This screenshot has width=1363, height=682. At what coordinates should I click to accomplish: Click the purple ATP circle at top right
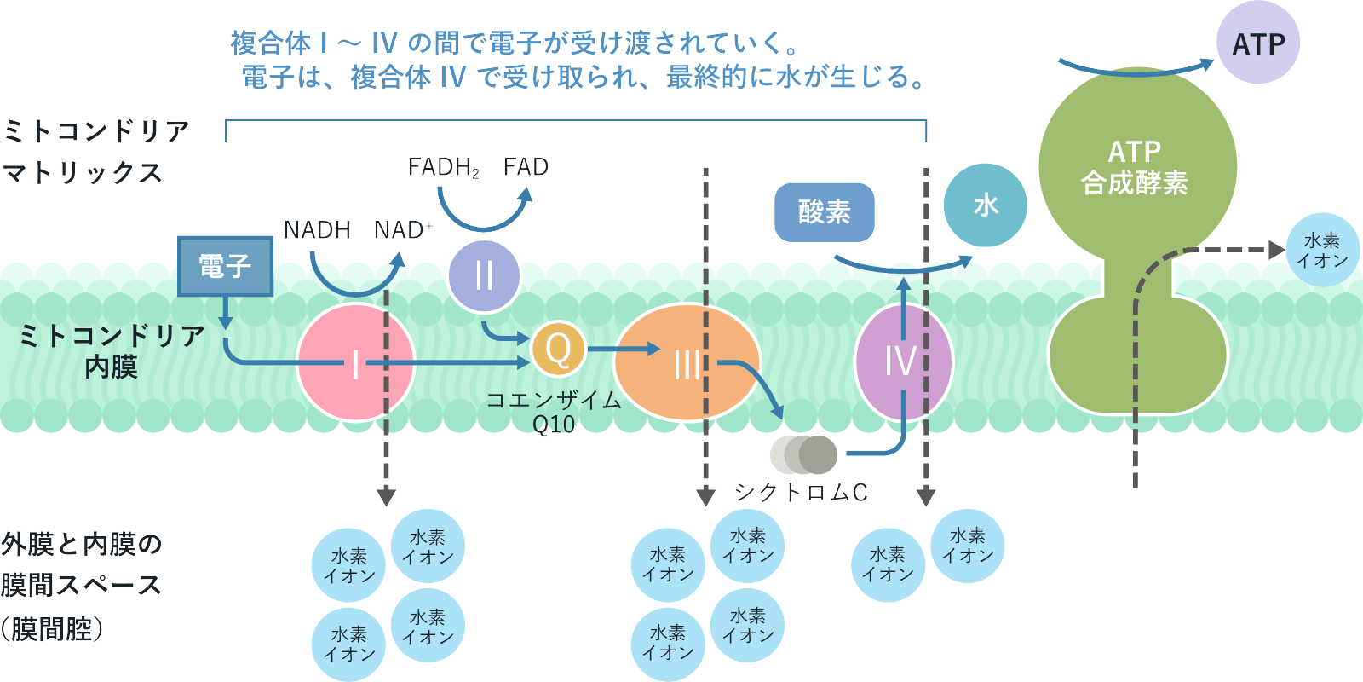1257,43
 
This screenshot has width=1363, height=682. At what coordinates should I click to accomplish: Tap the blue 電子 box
225,266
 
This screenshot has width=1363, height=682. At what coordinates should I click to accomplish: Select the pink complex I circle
355,362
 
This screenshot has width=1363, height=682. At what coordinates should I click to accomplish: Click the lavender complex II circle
484,275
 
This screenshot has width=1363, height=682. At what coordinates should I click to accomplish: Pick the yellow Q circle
558,349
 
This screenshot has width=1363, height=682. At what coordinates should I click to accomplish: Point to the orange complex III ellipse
687,362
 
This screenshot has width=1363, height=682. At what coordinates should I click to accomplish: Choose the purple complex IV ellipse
902,361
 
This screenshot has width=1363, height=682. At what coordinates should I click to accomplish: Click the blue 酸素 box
824,211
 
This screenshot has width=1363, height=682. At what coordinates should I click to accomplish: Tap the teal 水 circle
985,205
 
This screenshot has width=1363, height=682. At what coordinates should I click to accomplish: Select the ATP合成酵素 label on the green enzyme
1134,167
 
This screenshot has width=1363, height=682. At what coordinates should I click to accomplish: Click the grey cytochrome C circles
804,455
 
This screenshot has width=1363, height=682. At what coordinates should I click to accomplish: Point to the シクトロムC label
801,492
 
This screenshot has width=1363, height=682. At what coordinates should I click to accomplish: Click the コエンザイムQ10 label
554,412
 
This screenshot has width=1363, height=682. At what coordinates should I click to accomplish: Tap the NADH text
317,230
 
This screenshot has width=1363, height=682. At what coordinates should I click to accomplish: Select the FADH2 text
443,167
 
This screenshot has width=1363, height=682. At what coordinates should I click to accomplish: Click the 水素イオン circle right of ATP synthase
1322,250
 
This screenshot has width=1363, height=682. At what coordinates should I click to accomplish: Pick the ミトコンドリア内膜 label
111,350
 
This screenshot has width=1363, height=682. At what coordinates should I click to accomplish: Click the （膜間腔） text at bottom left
53,629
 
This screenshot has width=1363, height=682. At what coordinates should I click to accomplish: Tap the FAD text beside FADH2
526,167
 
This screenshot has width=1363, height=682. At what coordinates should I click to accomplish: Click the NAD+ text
403,230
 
